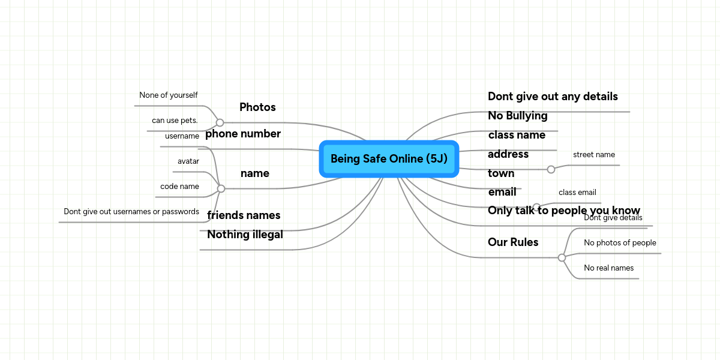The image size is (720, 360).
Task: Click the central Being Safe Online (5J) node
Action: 389,159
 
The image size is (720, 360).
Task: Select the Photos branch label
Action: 257,107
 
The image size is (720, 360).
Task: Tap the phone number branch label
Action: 243,134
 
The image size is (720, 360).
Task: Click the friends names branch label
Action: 244,215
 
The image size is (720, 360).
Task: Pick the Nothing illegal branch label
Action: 245,235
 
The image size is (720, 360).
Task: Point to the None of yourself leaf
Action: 169,95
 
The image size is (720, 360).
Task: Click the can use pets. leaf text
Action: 175,120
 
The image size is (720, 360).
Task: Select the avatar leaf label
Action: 188,161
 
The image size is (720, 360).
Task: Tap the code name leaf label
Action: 179,186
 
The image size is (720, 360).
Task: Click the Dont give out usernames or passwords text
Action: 131,211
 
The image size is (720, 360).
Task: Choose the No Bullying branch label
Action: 517,115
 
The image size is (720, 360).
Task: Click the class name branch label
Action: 517,134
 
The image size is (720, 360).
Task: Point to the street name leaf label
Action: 594,155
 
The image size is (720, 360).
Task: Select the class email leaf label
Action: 577,192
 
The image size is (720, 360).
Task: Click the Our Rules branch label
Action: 513,242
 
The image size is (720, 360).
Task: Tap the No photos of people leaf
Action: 620,242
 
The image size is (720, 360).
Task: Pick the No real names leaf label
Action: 609,268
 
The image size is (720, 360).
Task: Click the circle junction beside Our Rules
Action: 562,257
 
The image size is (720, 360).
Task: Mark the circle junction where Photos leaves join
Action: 220,122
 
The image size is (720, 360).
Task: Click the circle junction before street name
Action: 551,169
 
